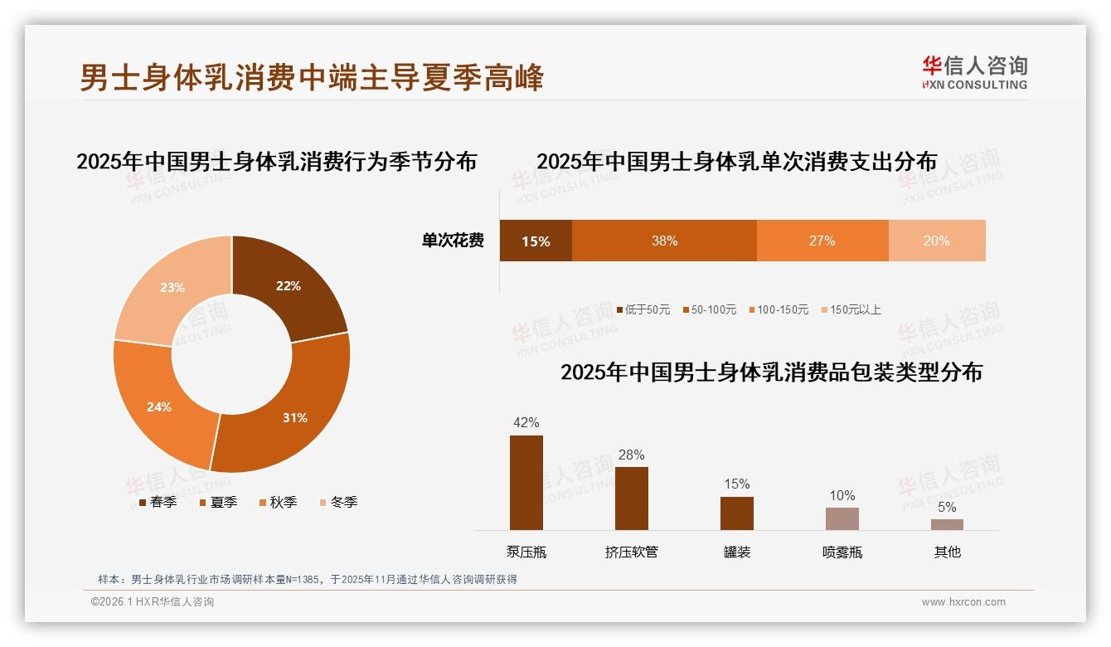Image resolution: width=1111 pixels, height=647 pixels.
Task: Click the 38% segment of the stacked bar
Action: pyautogui.click(x=664, y=241)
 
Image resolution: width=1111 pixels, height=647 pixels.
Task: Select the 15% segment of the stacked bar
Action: pyautogui.click(x=536, y=241)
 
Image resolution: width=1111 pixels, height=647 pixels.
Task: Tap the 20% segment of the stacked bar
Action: pyautogui.click(x=937, y=241)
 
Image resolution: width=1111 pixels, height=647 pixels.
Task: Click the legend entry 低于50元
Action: pyautogui.click(x=643, y=309)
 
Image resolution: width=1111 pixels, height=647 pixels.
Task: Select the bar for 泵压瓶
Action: pyautogui.click(x=526, y=482)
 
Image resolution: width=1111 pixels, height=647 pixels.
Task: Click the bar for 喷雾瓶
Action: pyautogui.click(x=842, y=518)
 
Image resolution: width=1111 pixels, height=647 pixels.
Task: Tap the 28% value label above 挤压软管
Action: pyautogui.click(x=631, y=455)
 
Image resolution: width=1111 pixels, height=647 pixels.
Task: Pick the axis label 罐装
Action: pyautogui.click(x=736, y=552)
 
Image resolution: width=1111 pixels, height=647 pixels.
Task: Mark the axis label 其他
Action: pyautogui.click(x=947, y=552)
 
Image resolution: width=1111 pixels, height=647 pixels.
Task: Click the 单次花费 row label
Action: pyautogui.click(x=453, y=241)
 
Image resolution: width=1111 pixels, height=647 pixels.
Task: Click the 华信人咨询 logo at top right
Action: pyautogui.click(x=974, y=72)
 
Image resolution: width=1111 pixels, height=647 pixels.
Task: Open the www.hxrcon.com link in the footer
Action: pyautogui.click(x=963, y=602)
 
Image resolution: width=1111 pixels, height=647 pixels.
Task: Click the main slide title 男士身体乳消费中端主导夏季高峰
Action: pyautogui.click(x=312, y=77)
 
